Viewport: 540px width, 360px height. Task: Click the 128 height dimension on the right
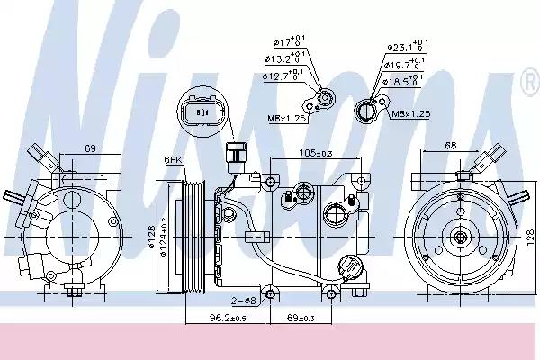[x=529, y=235]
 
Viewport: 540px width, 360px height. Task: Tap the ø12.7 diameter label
[x=280, y=76]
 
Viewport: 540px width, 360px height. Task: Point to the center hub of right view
[x=460, y=238]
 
